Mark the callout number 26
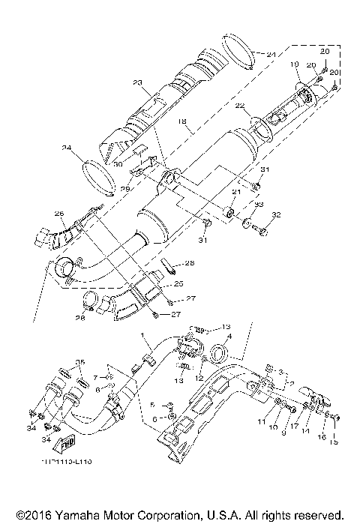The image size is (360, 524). click(59, 214)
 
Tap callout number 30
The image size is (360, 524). click(118, 164)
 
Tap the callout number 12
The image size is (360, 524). click(200, 379)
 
